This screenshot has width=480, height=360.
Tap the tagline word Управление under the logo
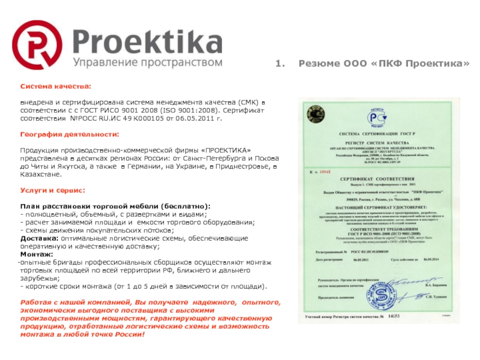click(101, 62)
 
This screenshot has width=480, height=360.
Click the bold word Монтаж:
click(36, 254)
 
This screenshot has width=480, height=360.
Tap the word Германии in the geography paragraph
click(145, 166)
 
